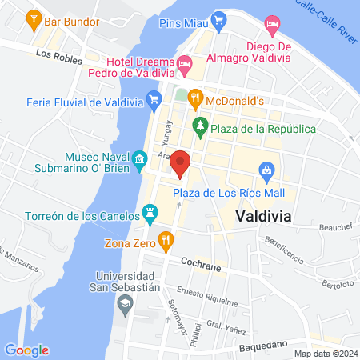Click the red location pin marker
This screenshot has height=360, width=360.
180,162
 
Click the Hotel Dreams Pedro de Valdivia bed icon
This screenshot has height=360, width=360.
186,62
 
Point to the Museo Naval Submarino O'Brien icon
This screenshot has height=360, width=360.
140,159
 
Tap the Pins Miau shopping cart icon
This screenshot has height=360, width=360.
217,18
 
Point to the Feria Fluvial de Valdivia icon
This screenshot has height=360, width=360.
152,102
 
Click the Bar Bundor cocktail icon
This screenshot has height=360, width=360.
34,17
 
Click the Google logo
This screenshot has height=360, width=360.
26,350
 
